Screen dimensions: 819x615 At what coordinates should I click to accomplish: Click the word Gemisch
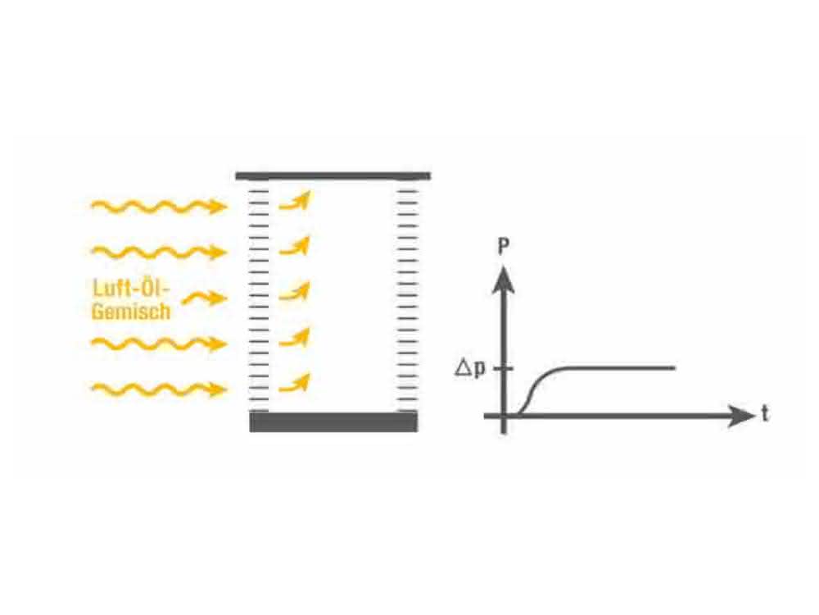131,311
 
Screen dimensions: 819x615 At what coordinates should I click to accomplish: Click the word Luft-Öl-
132,288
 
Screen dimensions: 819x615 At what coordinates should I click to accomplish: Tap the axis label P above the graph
504,246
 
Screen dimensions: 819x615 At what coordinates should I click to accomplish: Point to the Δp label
470,369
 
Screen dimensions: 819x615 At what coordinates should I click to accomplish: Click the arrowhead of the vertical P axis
504,280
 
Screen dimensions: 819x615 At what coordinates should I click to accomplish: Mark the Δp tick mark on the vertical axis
504,369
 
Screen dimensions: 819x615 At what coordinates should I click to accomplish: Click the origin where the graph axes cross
504,416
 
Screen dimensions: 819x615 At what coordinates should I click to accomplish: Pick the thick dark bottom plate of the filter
333,421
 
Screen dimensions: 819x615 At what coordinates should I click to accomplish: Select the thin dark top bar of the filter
333,175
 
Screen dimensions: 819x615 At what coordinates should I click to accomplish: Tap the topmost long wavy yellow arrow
160,207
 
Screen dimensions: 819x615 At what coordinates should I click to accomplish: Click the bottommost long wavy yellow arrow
160,389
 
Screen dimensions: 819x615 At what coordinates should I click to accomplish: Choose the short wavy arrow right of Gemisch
205,298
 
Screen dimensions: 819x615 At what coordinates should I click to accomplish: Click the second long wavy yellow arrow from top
160,252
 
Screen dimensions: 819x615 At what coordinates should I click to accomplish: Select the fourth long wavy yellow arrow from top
160,344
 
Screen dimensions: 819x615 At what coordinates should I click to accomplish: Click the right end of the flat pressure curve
675,368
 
